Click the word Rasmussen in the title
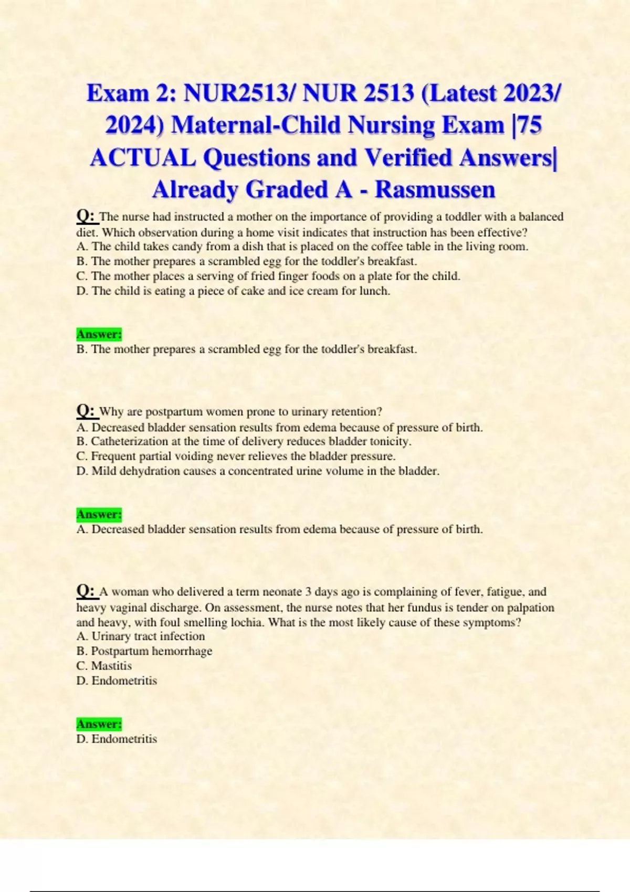435,189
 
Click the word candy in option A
186,247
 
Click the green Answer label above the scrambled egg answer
99,334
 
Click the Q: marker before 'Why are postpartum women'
87,410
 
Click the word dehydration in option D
150,471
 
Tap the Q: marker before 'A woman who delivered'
87,591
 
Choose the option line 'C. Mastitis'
104,666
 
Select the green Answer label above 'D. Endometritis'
99,724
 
